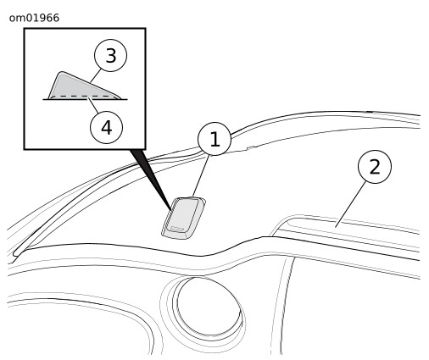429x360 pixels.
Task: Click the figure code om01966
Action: click(34, 18)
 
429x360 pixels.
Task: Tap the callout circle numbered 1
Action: click(214, 139)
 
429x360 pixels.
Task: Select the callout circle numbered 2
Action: click(375, 167)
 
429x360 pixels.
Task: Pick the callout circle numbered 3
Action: click(110, 55)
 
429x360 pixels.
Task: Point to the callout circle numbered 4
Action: click(107, 127)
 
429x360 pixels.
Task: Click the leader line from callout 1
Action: click(201, 175)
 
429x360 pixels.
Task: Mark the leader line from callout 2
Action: click(351, 204)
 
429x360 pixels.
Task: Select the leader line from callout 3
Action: click(96, 76)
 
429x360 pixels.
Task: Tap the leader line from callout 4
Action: click(93, 105)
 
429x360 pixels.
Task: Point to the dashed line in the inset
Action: click(82, 97)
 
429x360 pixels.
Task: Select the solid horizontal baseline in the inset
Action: click(85, 99)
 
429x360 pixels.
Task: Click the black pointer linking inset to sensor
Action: click(150, 180)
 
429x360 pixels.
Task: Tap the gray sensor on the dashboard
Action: click(184, 218)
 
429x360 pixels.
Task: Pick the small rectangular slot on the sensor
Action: click(177, 229)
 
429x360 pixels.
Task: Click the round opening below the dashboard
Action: click(209, 307)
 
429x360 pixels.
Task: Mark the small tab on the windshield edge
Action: click(251, 147)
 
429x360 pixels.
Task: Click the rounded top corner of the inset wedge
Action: click(62, 73)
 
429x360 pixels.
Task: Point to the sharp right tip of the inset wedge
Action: click(120, 98)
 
